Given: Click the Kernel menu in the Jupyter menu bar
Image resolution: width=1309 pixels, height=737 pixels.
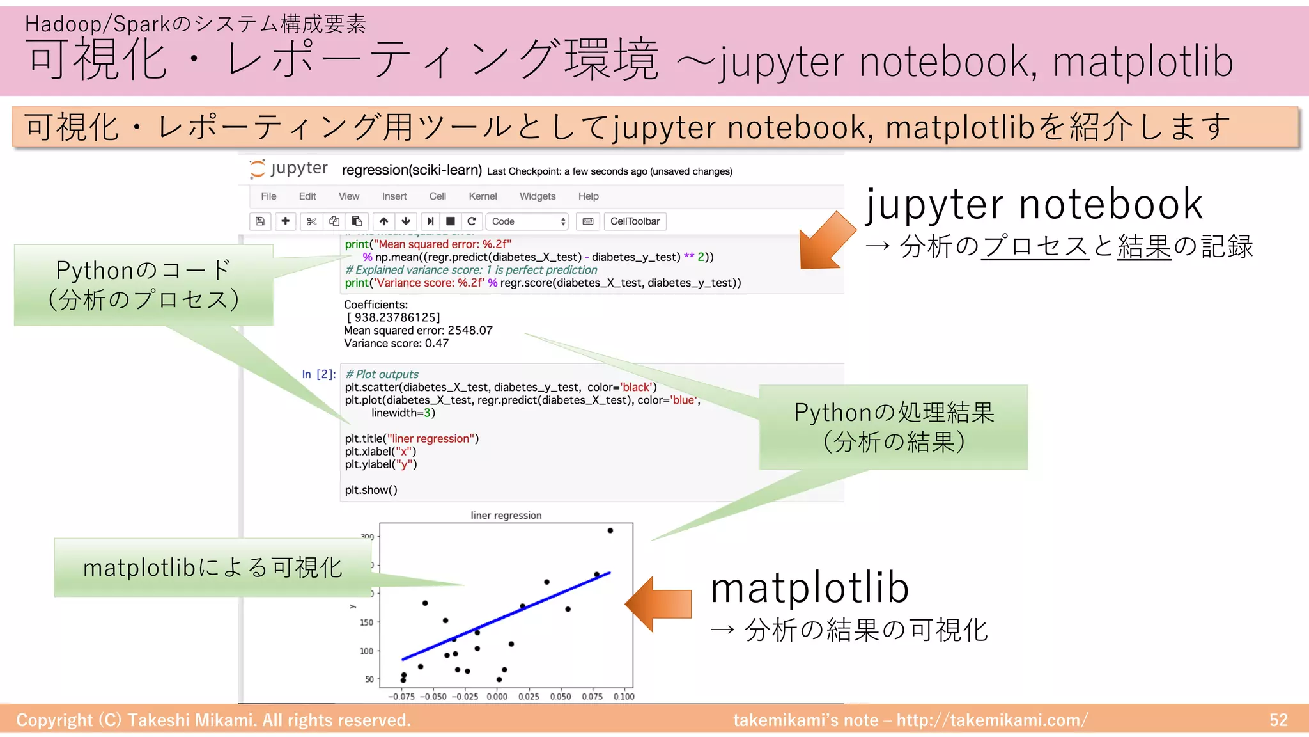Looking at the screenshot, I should pos(483,196).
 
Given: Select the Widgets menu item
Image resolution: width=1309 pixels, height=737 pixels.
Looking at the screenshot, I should pos(537,196).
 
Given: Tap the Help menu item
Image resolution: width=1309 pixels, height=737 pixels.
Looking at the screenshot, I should pos(588,196).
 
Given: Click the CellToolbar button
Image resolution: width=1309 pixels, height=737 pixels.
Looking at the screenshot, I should pos(635,221).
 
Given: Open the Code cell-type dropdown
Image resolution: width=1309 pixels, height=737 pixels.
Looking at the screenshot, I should pos(528,221).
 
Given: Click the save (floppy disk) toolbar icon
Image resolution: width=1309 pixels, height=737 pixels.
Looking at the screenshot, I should pos(260,221).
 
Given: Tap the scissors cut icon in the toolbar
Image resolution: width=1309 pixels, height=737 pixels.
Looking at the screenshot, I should pos(311,221).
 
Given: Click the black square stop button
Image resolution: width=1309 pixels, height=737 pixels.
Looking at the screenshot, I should pos(451,221).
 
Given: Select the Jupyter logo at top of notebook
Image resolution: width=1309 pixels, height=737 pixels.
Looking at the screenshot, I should pos(288,169).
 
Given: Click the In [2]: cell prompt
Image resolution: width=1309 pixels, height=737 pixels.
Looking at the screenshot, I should pos(319,374).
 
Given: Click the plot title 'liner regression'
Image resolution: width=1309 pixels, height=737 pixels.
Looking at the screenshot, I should pos(506,516).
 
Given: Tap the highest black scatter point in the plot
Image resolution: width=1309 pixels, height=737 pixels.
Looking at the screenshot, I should pos(610,530).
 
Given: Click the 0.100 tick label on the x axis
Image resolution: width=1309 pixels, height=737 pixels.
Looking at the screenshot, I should pos(624,697).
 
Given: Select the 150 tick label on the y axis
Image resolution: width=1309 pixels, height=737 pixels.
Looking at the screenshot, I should pos(366,622).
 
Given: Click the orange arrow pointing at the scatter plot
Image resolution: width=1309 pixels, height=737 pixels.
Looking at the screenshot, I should pos(658,604).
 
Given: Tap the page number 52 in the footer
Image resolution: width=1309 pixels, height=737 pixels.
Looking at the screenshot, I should pos(1278,720).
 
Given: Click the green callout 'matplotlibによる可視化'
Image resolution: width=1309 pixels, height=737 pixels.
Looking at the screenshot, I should pos(213,567).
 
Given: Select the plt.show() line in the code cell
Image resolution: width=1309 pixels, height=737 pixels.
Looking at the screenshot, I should pos(371,490).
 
